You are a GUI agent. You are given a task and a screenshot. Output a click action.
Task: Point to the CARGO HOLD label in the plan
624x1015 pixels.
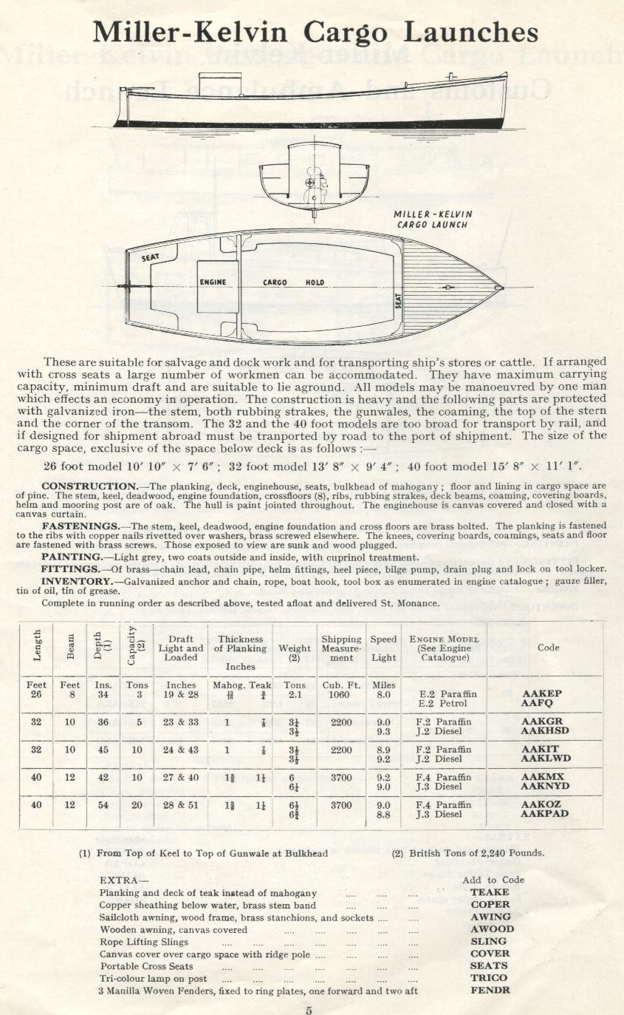point(293,282)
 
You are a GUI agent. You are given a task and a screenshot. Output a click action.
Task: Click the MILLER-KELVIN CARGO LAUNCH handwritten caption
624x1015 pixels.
point(433,220)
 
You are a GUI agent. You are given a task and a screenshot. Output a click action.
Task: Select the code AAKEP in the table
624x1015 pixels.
point(541,694)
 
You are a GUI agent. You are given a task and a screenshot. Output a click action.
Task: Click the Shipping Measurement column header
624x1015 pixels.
point(341,648)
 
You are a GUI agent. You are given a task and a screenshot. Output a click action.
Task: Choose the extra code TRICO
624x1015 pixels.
point(489,978)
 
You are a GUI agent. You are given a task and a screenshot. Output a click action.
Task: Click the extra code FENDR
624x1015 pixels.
point(490,991)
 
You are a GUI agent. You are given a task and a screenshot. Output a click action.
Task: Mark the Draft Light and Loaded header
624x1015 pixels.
point(181,648)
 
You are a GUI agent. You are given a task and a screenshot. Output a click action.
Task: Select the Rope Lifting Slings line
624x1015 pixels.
point(143,941)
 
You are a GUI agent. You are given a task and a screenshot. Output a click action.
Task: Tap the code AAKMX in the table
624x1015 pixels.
point(542,777)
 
